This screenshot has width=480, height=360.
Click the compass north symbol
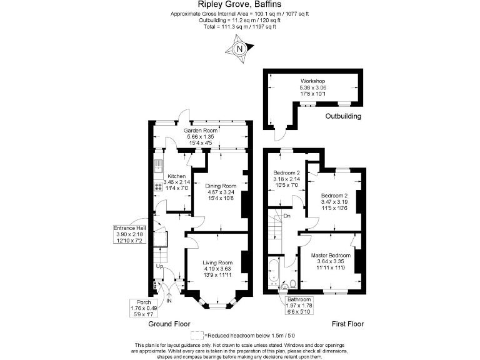(x=240, y=47)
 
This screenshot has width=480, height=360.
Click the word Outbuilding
(x=342, y=117)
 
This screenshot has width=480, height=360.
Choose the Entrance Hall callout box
(x=129, y=234)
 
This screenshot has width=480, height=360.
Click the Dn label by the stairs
(x=286, y=216)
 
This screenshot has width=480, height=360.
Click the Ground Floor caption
(x=169, y=325)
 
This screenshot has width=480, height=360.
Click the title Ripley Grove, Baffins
(x=240, y=4)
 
